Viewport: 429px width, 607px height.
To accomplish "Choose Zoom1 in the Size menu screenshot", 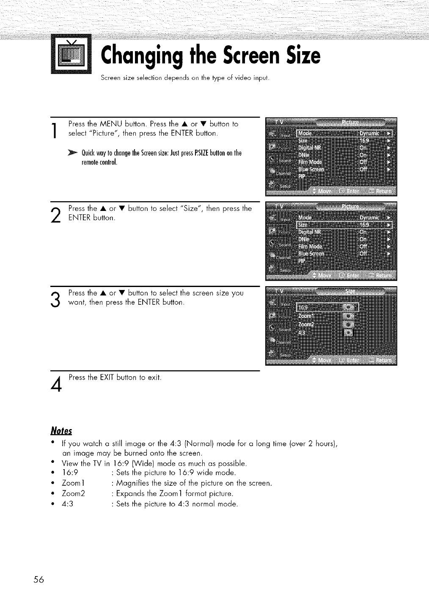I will click(306, 316).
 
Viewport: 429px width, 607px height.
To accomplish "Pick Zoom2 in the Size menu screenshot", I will click(306, 324).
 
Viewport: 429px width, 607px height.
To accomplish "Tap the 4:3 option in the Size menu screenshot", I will click(302, 332).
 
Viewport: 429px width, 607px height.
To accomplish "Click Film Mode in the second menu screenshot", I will click(310, 246).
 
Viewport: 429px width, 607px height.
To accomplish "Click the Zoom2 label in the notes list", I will click(74, 494).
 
